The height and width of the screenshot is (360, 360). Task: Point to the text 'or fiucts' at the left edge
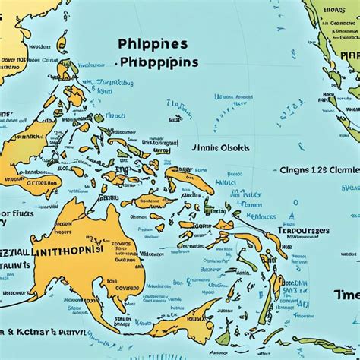tap(17, 214)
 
